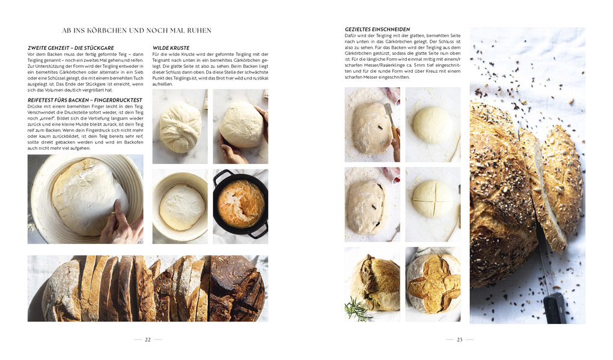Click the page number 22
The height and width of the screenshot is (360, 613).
pos(147,340)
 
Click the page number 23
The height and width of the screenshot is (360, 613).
pos(459,340)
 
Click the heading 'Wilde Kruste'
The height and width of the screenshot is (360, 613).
pos(171,47)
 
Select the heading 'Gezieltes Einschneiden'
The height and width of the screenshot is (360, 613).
pos(377,29)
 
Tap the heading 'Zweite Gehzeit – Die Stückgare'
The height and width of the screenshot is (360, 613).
pos(70,47)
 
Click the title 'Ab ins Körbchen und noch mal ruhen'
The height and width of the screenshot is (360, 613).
pos(136,30)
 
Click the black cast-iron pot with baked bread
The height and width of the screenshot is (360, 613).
pos(240,205)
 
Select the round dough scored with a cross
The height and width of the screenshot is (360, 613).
pos(433,199)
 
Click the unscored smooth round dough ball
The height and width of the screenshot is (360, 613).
pos(433,124)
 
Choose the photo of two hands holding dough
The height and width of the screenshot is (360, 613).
pos(240,126)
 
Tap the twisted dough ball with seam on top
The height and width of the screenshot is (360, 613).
pos(180,127)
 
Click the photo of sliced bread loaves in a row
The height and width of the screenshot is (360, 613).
pos(147,288)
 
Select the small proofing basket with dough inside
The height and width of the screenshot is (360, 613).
pos(180,206)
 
